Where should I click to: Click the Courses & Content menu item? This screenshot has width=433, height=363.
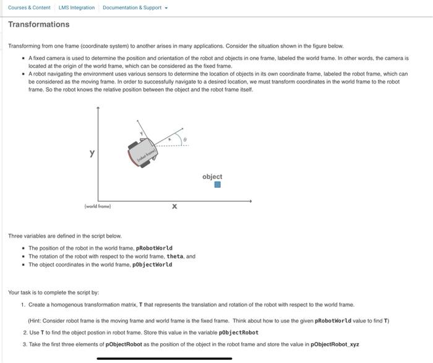point(29,7)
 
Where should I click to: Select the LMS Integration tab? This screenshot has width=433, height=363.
point(77,7)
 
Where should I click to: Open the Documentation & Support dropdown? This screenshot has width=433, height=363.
point(132,7)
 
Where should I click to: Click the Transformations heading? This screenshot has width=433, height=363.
point(38,25)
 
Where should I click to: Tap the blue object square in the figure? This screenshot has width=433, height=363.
point(217,184)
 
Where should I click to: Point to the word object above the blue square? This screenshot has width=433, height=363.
point(212,176)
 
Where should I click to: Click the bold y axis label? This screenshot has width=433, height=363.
point(92,153)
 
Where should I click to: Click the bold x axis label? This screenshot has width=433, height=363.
point(174,207)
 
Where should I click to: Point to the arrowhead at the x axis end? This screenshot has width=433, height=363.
point(250,200)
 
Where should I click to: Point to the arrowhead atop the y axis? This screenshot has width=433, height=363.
point(98,108)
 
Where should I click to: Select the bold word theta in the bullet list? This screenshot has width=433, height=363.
point(175,256)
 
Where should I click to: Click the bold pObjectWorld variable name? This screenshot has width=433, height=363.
point(153,265)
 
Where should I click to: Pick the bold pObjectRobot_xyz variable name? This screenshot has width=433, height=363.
point(335,344)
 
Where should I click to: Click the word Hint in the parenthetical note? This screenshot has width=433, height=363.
point(36,320)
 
